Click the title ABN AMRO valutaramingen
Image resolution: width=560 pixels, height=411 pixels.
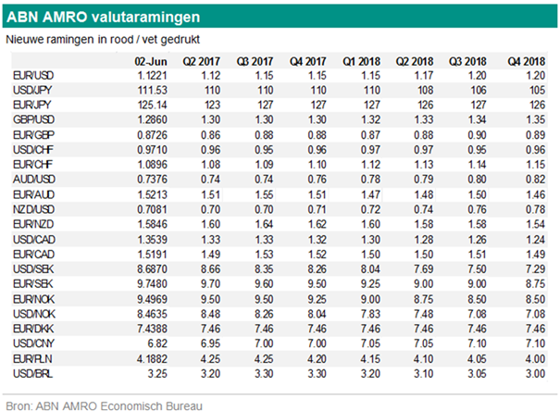click(x=104, y=17)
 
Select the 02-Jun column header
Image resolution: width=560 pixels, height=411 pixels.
click(x=151, y=61)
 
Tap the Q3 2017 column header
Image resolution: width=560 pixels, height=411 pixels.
click(x=255, y=61)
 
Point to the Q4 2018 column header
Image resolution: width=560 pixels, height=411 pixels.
click(x=527, y=61)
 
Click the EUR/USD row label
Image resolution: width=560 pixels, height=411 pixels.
click(x=33, y=76)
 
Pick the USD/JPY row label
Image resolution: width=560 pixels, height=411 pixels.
click(x=32, y=91)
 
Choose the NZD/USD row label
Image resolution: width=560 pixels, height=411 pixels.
click(x=33, y=209)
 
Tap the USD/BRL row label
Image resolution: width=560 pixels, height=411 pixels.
click(x=32, y=373)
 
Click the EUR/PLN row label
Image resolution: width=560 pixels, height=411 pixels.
click(x=32, y=358)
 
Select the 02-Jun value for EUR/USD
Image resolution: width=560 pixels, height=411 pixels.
click(x=153, y=76)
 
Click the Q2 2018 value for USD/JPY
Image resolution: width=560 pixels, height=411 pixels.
click(x=425, y=91)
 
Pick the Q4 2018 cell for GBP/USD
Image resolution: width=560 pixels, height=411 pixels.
click(x=535, y=119)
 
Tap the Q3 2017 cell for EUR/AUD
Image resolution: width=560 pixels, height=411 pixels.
click(x=264, y=194)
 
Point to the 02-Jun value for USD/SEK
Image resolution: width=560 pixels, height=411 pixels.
click(x=152, y=268)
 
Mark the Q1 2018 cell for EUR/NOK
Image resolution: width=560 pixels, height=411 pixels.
click(x=370, y=299)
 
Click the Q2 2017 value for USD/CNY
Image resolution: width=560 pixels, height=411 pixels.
click(x=210, y=343)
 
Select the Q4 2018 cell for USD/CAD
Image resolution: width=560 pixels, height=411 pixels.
click(x=535, y=239)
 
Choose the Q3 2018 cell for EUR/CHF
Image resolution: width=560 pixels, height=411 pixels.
click(x=477, y=165)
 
